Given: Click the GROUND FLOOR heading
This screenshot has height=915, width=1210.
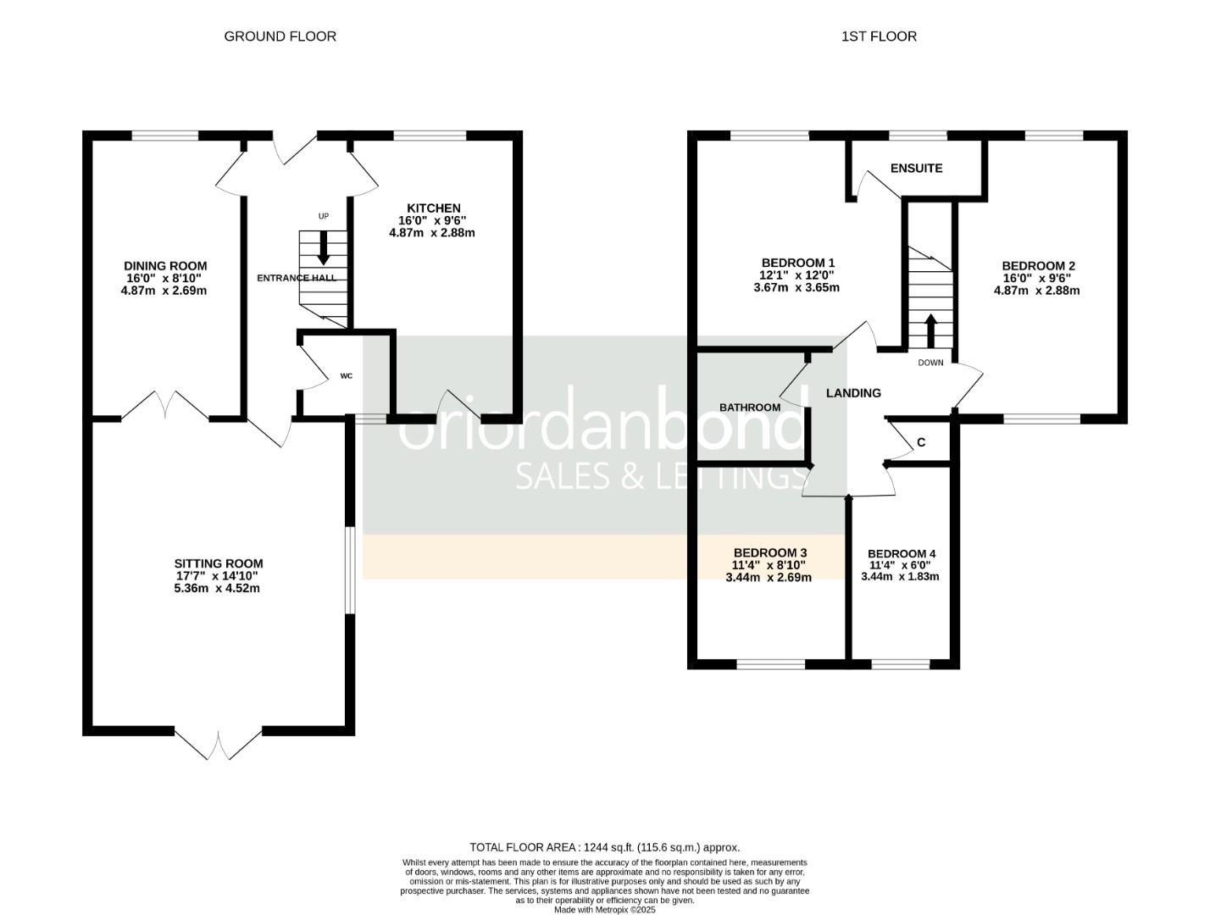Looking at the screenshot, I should [280, 36].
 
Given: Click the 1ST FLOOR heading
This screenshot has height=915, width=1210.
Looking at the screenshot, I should [879, 36].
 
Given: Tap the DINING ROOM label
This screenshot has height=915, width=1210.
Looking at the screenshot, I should [165, 266].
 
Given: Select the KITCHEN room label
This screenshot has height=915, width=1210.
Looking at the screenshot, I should [434, 208].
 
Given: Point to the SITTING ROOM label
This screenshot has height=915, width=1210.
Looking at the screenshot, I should [219, 563].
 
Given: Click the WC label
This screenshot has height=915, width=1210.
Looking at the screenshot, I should [347, 375].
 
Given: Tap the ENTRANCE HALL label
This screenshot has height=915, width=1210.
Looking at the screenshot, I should [297, 278].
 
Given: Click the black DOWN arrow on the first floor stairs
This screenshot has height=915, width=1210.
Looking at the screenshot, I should [930, 331].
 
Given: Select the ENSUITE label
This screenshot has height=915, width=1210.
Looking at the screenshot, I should [916, 168].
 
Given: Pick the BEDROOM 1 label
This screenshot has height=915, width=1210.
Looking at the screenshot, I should [797, 263].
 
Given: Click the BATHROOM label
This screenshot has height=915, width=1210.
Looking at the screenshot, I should [750, 408].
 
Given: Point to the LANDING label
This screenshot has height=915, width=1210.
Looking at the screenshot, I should [853, 393].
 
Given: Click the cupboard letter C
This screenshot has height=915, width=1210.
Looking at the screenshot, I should [921, 443].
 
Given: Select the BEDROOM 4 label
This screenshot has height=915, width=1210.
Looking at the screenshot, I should [902, 554].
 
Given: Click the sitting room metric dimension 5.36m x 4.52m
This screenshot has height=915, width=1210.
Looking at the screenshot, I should [217, 588].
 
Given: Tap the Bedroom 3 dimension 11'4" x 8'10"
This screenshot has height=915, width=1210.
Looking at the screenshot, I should [769, 565].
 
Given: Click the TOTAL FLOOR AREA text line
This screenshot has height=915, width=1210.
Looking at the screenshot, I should [605, 847].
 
